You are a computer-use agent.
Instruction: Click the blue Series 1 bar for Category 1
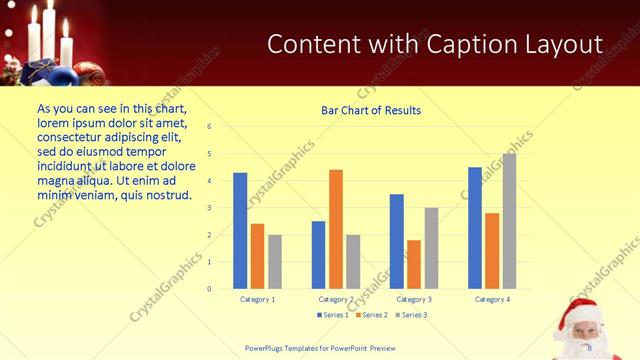coord(240,230)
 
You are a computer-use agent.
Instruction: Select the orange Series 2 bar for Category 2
coord(336,229)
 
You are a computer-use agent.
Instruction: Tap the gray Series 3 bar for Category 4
coord(509,221)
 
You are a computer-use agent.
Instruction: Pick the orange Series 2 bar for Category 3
coord(414,264)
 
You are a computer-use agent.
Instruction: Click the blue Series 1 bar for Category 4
coord(475,227)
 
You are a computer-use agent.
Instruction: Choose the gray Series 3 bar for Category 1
coord(275,261)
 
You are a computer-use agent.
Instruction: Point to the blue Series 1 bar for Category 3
coord(397,241)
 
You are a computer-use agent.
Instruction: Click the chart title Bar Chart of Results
coord(371,111)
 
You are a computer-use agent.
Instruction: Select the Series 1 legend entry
coord(333,315)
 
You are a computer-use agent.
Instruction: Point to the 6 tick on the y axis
coord(209,127)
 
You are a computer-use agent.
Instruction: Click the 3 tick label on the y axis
coord(209,208)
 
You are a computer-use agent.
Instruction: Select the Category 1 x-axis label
coord(258,299)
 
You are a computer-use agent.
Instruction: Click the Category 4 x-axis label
coord(492,299)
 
